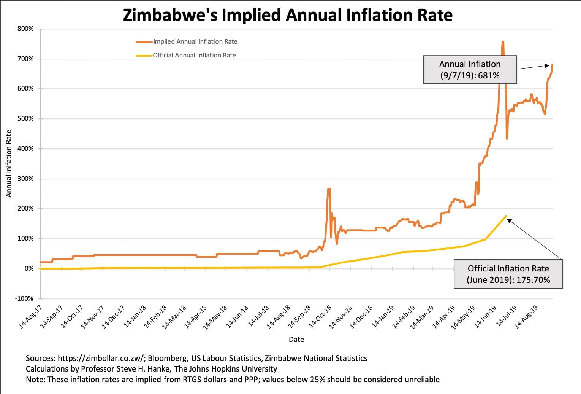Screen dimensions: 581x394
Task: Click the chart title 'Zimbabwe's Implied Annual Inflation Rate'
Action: [288, 15]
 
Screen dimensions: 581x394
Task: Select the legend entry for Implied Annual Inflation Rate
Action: [186, 41]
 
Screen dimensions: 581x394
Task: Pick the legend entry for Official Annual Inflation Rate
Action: [186, 55]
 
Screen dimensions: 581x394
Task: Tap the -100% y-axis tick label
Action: [24, 298]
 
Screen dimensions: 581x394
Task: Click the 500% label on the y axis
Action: [25, 118]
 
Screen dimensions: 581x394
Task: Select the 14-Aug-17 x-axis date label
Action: [30, 317]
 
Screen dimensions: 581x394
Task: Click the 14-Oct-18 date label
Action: [320, 317]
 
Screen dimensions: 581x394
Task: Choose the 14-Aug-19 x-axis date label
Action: [526, 317]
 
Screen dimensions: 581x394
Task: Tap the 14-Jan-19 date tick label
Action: [383, 317]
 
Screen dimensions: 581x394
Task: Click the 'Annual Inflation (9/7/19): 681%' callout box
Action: [470, 69]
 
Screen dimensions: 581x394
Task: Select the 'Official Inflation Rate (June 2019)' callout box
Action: [508, 274]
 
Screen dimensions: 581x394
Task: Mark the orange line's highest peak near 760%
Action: [503, 41]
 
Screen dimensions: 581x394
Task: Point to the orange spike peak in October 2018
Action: [329, 189]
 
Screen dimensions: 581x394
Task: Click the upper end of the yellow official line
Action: [506, 216]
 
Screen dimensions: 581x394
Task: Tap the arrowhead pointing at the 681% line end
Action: [547, 65]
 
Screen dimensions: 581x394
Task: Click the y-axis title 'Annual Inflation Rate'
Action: [9, 163]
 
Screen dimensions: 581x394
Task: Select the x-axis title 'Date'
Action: [296, 339]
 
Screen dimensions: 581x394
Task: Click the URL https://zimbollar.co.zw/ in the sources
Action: [102, 358]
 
